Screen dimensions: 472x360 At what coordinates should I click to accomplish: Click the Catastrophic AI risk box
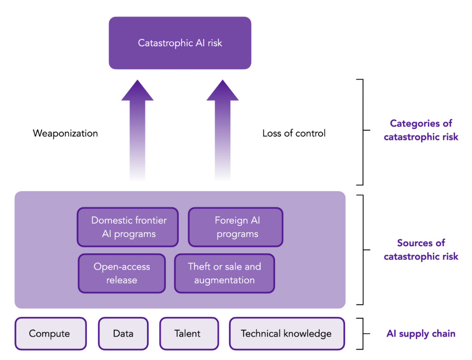pyautogui.click(x=180, y=43)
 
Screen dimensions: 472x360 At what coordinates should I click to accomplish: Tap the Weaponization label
pyautogui.click(x=66, y=134)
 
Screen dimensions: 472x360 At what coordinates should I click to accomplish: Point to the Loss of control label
pyautogui.click(x=294, y=133)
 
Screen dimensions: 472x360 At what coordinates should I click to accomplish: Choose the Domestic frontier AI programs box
pyautogui.click(x=128, y=227)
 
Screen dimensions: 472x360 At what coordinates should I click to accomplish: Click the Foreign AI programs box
pyautogui.click(x=236, y=227)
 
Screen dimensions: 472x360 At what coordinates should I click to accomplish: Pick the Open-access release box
pyautogui.click(x=122, y=274)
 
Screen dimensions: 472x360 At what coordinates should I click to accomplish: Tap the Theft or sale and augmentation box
pyautogui.click(x=224, y=274)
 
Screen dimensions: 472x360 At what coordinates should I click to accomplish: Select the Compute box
pyautogui.click(x=51, y=334)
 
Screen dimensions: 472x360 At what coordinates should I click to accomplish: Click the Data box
pyautogui.click(x=124, y=334)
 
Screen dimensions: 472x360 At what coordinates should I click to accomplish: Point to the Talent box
pyautogui.click(x=189, y=334)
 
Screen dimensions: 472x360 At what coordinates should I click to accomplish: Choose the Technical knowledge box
pyautogui.click(x=287, y=334)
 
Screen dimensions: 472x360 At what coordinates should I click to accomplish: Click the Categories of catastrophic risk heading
pyautogui.click(x=421, y=130)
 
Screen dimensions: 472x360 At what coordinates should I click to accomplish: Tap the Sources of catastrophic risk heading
pyautogui.click(x=421, y=250)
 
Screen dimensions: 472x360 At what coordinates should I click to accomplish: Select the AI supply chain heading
pyautogui.click(x=421, y=334)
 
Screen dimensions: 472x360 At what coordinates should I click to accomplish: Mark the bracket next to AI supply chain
pyautogui.click(x=363, y=334)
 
